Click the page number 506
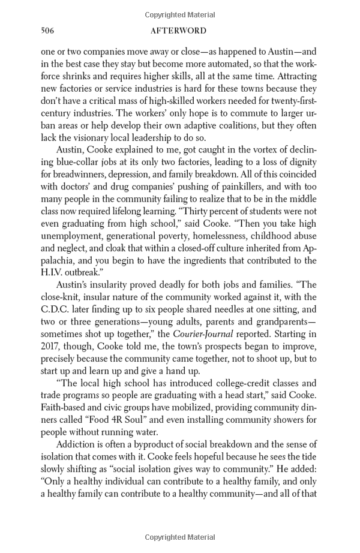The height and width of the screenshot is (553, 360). click(x=48, y=31)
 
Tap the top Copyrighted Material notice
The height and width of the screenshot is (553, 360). click(x=180, y=14)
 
